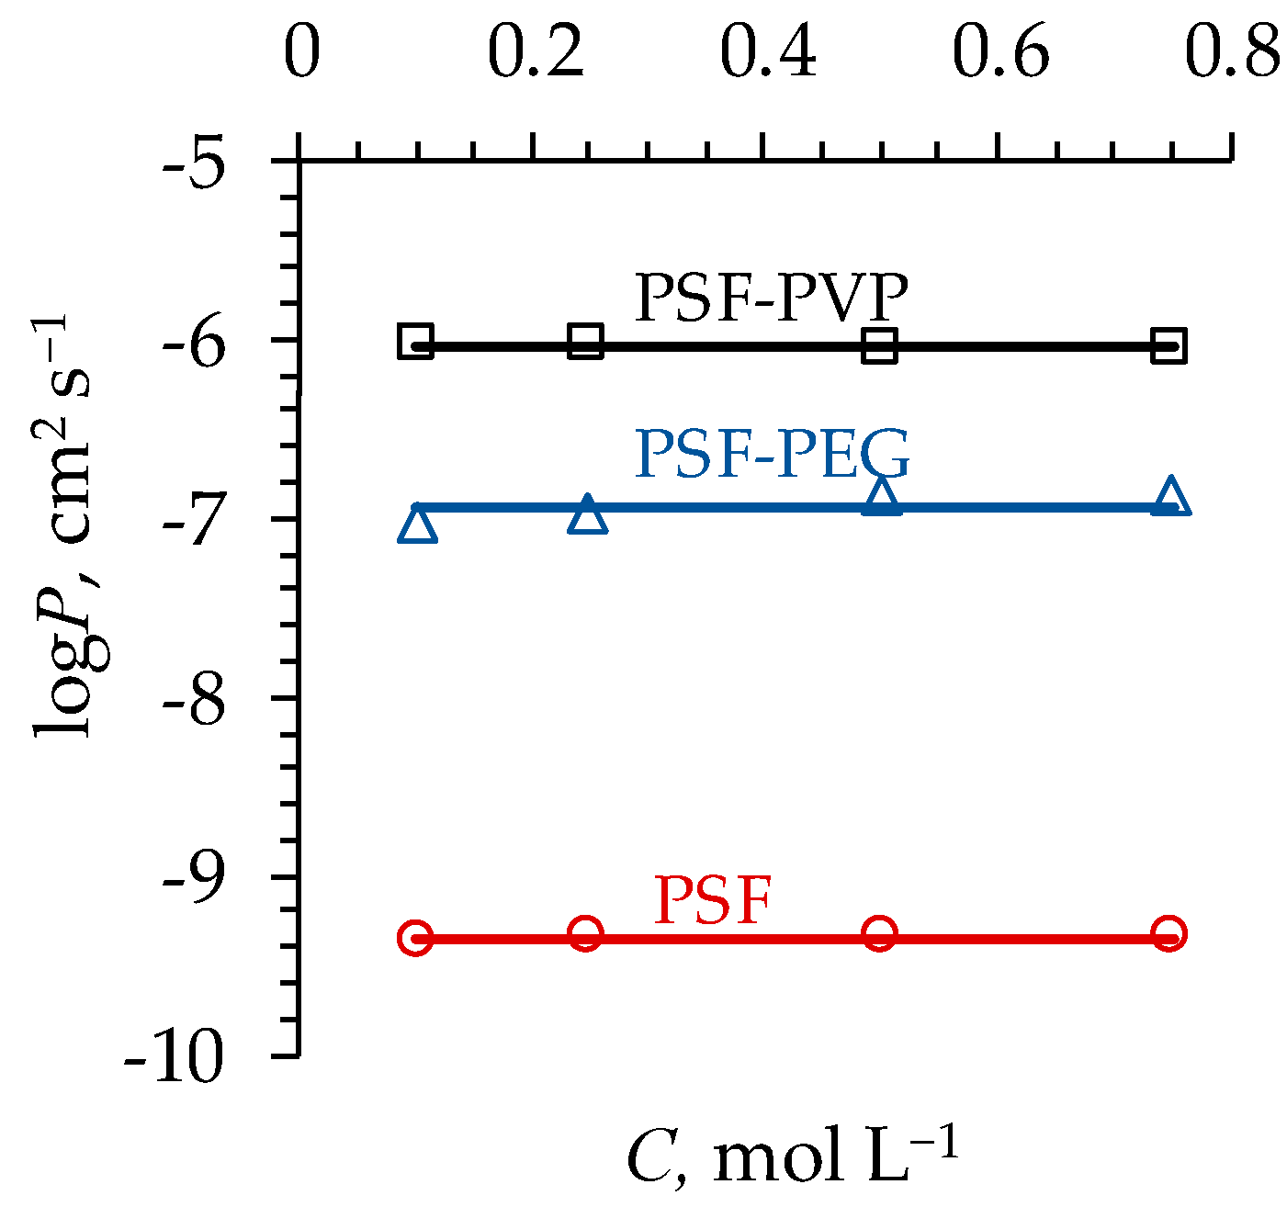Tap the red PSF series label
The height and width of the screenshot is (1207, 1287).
click(712, 901)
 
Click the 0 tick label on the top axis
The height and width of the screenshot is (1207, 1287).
click(301, 53)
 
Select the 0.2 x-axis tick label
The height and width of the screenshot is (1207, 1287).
click(536, 53)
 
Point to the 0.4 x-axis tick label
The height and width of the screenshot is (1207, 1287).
click(768, 53)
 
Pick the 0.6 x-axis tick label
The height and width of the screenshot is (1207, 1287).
click(1000, 53)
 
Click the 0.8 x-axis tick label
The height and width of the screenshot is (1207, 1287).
click(1232, 53)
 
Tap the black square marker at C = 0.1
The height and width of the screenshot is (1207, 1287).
click(416, 342)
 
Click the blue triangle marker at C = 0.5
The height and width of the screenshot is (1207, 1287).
click(882, 497)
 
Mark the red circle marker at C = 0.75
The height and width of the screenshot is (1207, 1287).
click(1169, 933)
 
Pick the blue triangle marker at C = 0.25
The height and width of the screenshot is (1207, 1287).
click(588, 515)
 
